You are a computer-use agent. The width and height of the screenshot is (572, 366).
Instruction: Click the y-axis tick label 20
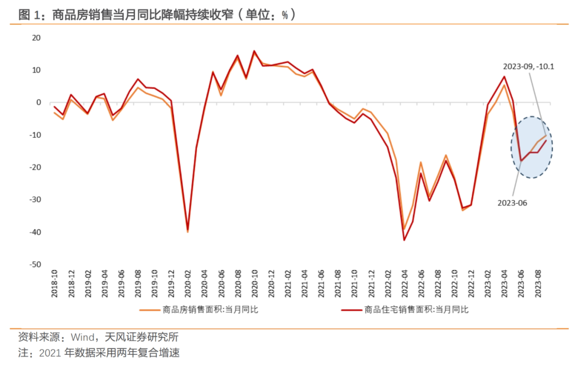pos(37,38)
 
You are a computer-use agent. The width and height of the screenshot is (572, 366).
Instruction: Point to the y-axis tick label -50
pos(35,264)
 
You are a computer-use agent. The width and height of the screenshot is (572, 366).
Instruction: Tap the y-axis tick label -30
pos(35,200)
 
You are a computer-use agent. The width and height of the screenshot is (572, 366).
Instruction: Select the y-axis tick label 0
pos(38,103)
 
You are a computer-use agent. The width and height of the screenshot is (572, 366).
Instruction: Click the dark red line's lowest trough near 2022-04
pos(404,240)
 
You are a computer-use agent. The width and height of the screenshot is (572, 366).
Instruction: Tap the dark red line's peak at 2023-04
pos(504,77)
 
